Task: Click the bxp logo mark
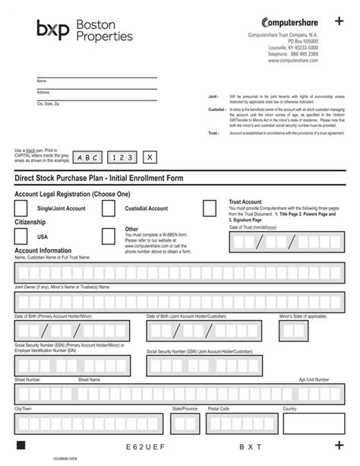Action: pos(52,30)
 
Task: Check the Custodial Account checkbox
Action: pos(109,208)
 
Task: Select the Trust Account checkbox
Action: pos(209,208)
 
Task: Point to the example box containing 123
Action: pos(122,157)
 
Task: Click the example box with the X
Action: pos(150,157)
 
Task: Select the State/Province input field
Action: pos(184,423)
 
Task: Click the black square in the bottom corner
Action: pos(21,445)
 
